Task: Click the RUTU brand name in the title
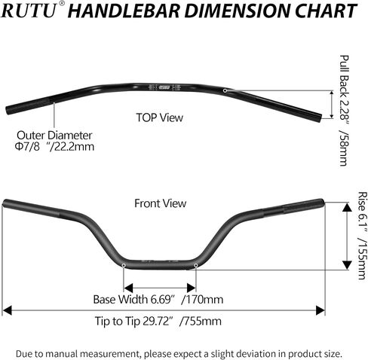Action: [28, 11]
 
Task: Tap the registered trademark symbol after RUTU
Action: [61, 4]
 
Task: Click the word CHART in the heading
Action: [326, 11]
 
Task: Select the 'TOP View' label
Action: [160, 117]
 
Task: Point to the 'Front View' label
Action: [161, 203]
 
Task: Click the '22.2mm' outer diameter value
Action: [74, 147]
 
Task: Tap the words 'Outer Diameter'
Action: [54, 136]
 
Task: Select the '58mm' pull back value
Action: [344, 148]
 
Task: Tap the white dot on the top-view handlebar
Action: [225, 90]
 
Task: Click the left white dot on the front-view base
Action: [124, 265]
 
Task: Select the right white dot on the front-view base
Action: [195, 265]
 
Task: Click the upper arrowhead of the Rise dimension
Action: [347, 207]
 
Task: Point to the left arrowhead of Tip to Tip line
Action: [7, 310]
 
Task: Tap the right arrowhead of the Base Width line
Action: [192, 288]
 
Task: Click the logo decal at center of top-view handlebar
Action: [164, 87]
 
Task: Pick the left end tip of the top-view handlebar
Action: [8, 110]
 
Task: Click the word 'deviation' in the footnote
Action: [256, 354]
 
